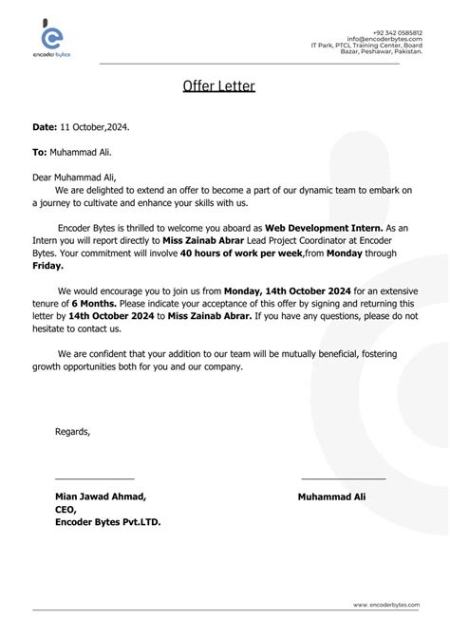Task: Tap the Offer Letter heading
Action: click(218, 87)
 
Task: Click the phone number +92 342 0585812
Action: click(398, 31)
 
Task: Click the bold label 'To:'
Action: click(40, 151)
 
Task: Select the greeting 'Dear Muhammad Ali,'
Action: click(74, 177)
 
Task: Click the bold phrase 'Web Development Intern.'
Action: click(323, 229)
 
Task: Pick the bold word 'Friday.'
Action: click(48, 267)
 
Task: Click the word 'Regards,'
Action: click(73, 432)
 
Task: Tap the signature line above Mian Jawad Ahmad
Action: click(95, 477)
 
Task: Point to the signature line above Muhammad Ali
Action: click(344, 477)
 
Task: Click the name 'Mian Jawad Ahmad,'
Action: click(101, 496)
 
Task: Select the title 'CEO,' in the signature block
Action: click(66, 509)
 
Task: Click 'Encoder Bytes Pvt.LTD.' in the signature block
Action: click(108, 521)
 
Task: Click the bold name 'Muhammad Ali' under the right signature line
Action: click(331, 496)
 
